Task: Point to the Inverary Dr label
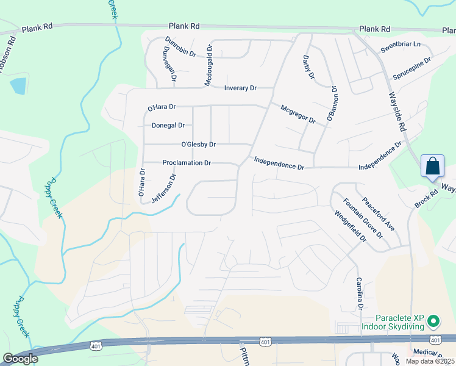coord(240,88)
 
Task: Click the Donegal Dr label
coord(168,125)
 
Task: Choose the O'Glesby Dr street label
coord(199,145)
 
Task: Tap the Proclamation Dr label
coord(187,163)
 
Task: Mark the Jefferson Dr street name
coord(163,189)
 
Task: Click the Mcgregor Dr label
coord(297,114)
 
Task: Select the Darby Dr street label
coord(308,68)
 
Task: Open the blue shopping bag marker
coord(432,167)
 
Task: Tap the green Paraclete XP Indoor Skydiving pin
coord(433,320)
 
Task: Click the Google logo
coord(20,359)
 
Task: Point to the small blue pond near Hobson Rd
coord(19,85)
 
